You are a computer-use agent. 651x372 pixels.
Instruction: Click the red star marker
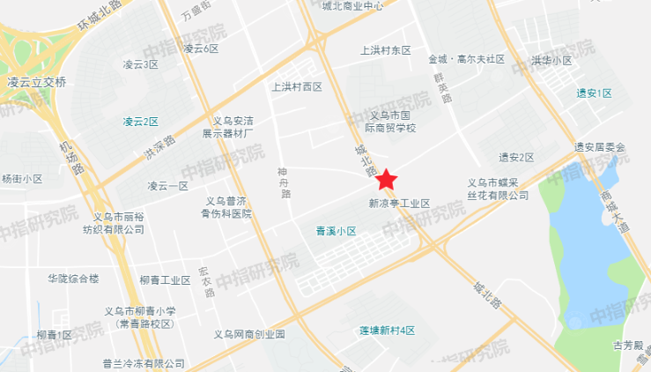[385, 182]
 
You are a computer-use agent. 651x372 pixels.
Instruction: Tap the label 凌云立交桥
[37, 82]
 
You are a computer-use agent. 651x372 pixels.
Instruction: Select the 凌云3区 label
[140, 64]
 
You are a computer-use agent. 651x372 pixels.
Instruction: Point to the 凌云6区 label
[201, 48]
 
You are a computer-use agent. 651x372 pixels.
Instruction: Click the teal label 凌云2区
[140, 121]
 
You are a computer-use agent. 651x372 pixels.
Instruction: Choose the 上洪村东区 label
[386, 50]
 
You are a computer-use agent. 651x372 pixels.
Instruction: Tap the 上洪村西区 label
[298, 86]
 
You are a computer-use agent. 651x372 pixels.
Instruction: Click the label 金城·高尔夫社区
[466, 59]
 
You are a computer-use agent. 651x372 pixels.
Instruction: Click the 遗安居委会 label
[599, 146]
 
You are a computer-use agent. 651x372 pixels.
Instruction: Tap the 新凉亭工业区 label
[399, 203]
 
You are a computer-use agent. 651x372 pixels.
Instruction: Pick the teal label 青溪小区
[335, 232]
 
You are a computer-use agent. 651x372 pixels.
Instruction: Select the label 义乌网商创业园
[250, 335]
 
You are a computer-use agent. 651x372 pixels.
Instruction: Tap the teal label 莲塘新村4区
[387, 330]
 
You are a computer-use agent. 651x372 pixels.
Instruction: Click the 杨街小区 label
[22, 178]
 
